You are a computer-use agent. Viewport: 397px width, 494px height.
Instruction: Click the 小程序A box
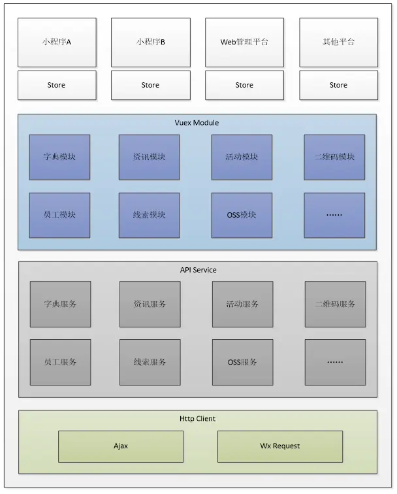(x=57, y=42)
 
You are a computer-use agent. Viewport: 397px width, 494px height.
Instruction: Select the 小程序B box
(x=151, y=42)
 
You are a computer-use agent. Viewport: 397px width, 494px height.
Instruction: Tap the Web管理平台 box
(x=244, y=42)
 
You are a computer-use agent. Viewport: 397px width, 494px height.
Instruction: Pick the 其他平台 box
(x=338, y=42)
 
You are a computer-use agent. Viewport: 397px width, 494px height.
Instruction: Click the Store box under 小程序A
(x=57, y=85)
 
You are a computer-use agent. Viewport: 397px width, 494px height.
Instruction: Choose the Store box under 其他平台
(x=338, y=85)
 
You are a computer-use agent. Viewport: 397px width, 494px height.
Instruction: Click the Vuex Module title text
(x=197, y=123)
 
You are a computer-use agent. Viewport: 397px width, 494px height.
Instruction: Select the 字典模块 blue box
(x=59, y=157)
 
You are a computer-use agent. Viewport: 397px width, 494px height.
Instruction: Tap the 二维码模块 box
(x=334, y=157)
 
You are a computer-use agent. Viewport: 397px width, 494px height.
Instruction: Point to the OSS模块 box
(x=242, y=215)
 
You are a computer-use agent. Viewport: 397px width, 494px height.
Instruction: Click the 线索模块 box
(x=149, y=215)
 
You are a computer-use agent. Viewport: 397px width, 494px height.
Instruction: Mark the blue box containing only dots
(x=334, y=215)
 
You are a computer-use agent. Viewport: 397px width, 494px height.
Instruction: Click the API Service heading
(x=198, y=270)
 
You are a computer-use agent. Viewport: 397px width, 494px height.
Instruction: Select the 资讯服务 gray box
(x=150, y=304)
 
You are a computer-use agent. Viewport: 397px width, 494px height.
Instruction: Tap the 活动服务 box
(x=242, y=304)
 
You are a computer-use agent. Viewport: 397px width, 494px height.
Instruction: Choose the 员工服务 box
(x=60, y=362)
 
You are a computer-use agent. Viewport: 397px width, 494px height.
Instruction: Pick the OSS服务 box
(x=242, y=362)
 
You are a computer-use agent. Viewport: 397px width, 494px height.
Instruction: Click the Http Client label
(x=197, y=418)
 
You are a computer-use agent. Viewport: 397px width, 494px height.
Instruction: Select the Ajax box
(x=121, y=446)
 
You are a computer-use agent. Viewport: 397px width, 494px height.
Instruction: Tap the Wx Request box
(x=279, y=446)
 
